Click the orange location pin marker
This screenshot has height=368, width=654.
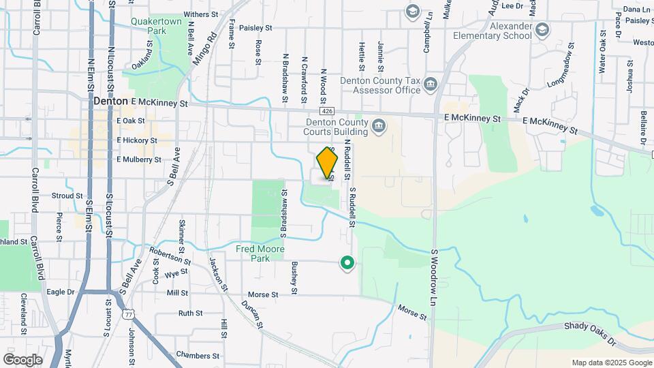tap(328, 164)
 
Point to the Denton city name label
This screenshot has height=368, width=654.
tap(110, 101)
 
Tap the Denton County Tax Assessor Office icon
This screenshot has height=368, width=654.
tap(431, 85)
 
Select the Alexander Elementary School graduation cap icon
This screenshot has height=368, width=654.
tap(542, 29)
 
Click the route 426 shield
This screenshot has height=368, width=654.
tap(328, 111)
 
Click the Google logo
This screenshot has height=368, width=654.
tap(22, 359)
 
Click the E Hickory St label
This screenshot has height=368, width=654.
tap(137, 140)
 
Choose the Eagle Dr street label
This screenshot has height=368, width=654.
tap(60, 292)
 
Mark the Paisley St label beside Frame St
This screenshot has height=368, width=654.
tap(255, 28)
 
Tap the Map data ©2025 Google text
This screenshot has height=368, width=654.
tap(611, 363)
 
